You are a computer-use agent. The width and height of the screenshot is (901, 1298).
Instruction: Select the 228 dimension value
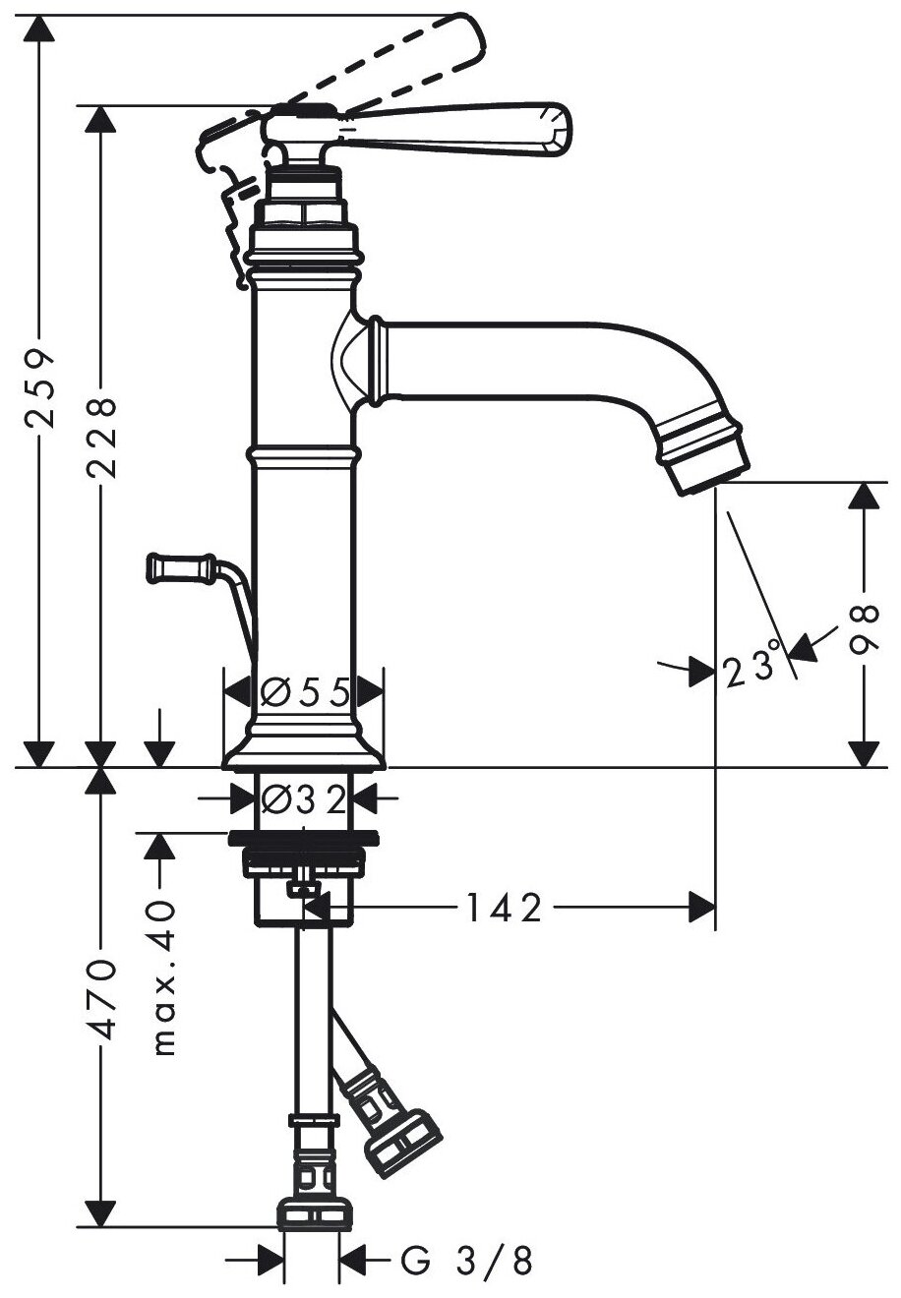click(100, 437)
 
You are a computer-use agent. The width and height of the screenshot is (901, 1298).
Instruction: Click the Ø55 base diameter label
click(305, 693)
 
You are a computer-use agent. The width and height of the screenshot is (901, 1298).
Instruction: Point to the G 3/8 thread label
click(466, 1262)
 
